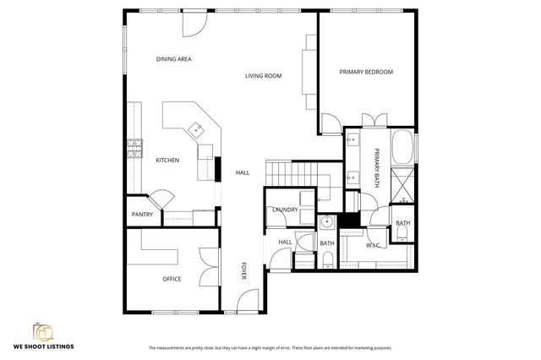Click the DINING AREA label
[x=174, y=59]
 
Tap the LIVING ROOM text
[x=263, y=76]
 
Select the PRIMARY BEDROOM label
[x=366, y=72]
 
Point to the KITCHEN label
[x=167, y=160]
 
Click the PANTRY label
[x=142, y=215]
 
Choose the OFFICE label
[x=172, y=278]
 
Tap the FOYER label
[x=243, y=270]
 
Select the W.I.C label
[x=374, y=245]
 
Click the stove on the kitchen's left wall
[x=134, y=149]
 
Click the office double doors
[x=208, y=266]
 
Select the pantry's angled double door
[x=159, y=200]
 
